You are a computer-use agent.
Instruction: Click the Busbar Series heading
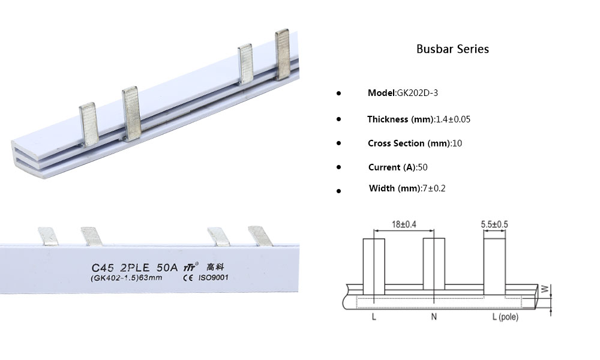pos(452,49)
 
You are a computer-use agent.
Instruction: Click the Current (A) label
pos(392,167)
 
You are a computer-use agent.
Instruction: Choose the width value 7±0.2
pos(434,188)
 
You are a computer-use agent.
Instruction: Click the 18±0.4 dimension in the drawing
pos(403,224)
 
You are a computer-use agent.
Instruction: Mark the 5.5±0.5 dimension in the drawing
pos(494,224)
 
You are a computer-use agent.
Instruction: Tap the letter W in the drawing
pos(545,289)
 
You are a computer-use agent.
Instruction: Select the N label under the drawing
pos(434,317)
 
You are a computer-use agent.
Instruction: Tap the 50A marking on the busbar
pos(166,266)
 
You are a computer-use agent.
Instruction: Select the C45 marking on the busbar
pos(103,266)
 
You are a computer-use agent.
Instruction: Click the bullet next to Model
pos(338,94)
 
